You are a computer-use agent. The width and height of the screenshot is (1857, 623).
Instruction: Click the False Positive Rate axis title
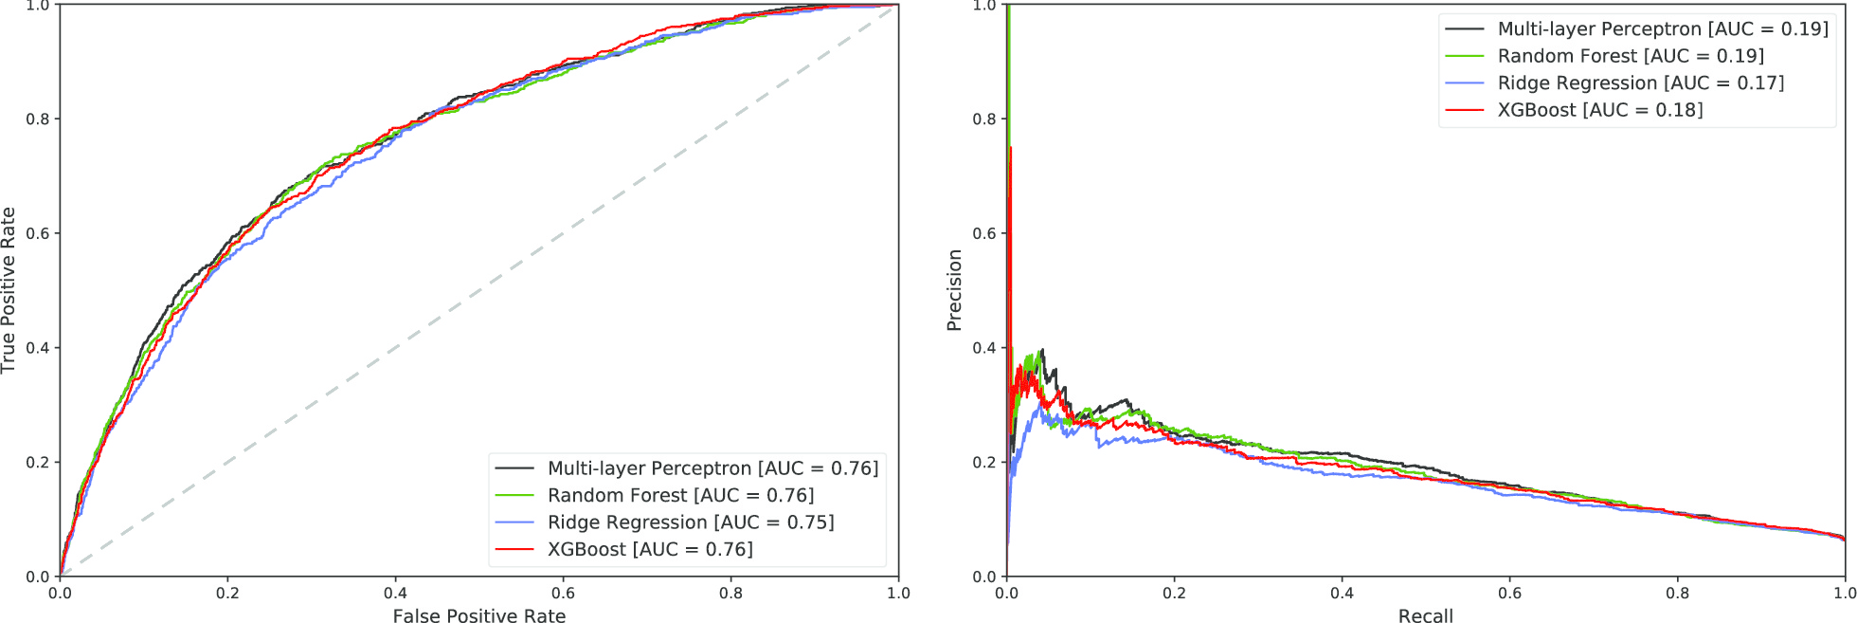click(x=479, y=616)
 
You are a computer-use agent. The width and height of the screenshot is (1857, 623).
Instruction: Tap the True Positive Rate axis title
click(x=9, y=290)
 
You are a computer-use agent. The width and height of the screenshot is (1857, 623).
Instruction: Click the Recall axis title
click(x=1425, y=616)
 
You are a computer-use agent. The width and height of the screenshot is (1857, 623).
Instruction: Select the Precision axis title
click(x=955, y=290)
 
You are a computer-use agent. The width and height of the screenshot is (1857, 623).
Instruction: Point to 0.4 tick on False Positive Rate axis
click(x=395, y=594)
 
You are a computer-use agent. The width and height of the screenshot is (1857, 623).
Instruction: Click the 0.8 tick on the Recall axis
click(x=1677, y=594)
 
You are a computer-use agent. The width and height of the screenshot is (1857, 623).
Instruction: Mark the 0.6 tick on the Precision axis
click(x=985, y=233)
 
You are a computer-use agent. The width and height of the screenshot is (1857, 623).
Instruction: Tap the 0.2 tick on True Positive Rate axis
click(x=38, y=463)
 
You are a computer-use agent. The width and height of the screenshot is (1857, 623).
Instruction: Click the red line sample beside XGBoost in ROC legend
click(x=514, y=549)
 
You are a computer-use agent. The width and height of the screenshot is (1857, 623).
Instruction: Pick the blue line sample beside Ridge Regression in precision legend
click(x=1464, y=83)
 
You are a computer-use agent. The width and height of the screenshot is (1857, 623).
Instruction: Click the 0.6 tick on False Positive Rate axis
click(x=563, y=594)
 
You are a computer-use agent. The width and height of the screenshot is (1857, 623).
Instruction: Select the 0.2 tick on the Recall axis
click(x=1174, y=594)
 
